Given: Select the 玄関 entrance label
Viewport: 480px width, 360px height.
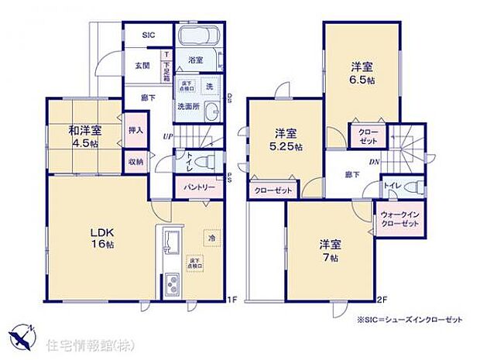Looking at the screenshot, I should click(141, 65).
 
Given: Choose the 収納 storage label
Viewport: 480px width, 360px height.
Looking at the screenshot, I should click(135, 162).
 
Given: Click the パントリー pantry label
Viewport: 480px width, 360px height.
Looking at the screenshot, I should click(199, 187).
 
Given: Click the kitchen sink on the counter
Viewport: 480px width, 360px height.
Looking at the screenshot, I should click(170, 245).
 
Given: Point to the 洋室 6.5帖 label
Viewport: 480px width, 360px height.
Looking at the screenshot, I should click(361, 71).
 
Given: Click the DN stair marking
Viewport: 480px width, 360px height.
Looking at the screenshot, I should click(373, 163).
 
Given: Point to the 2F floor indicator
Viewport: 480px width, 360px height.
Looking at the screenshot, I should click(381, 299).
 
